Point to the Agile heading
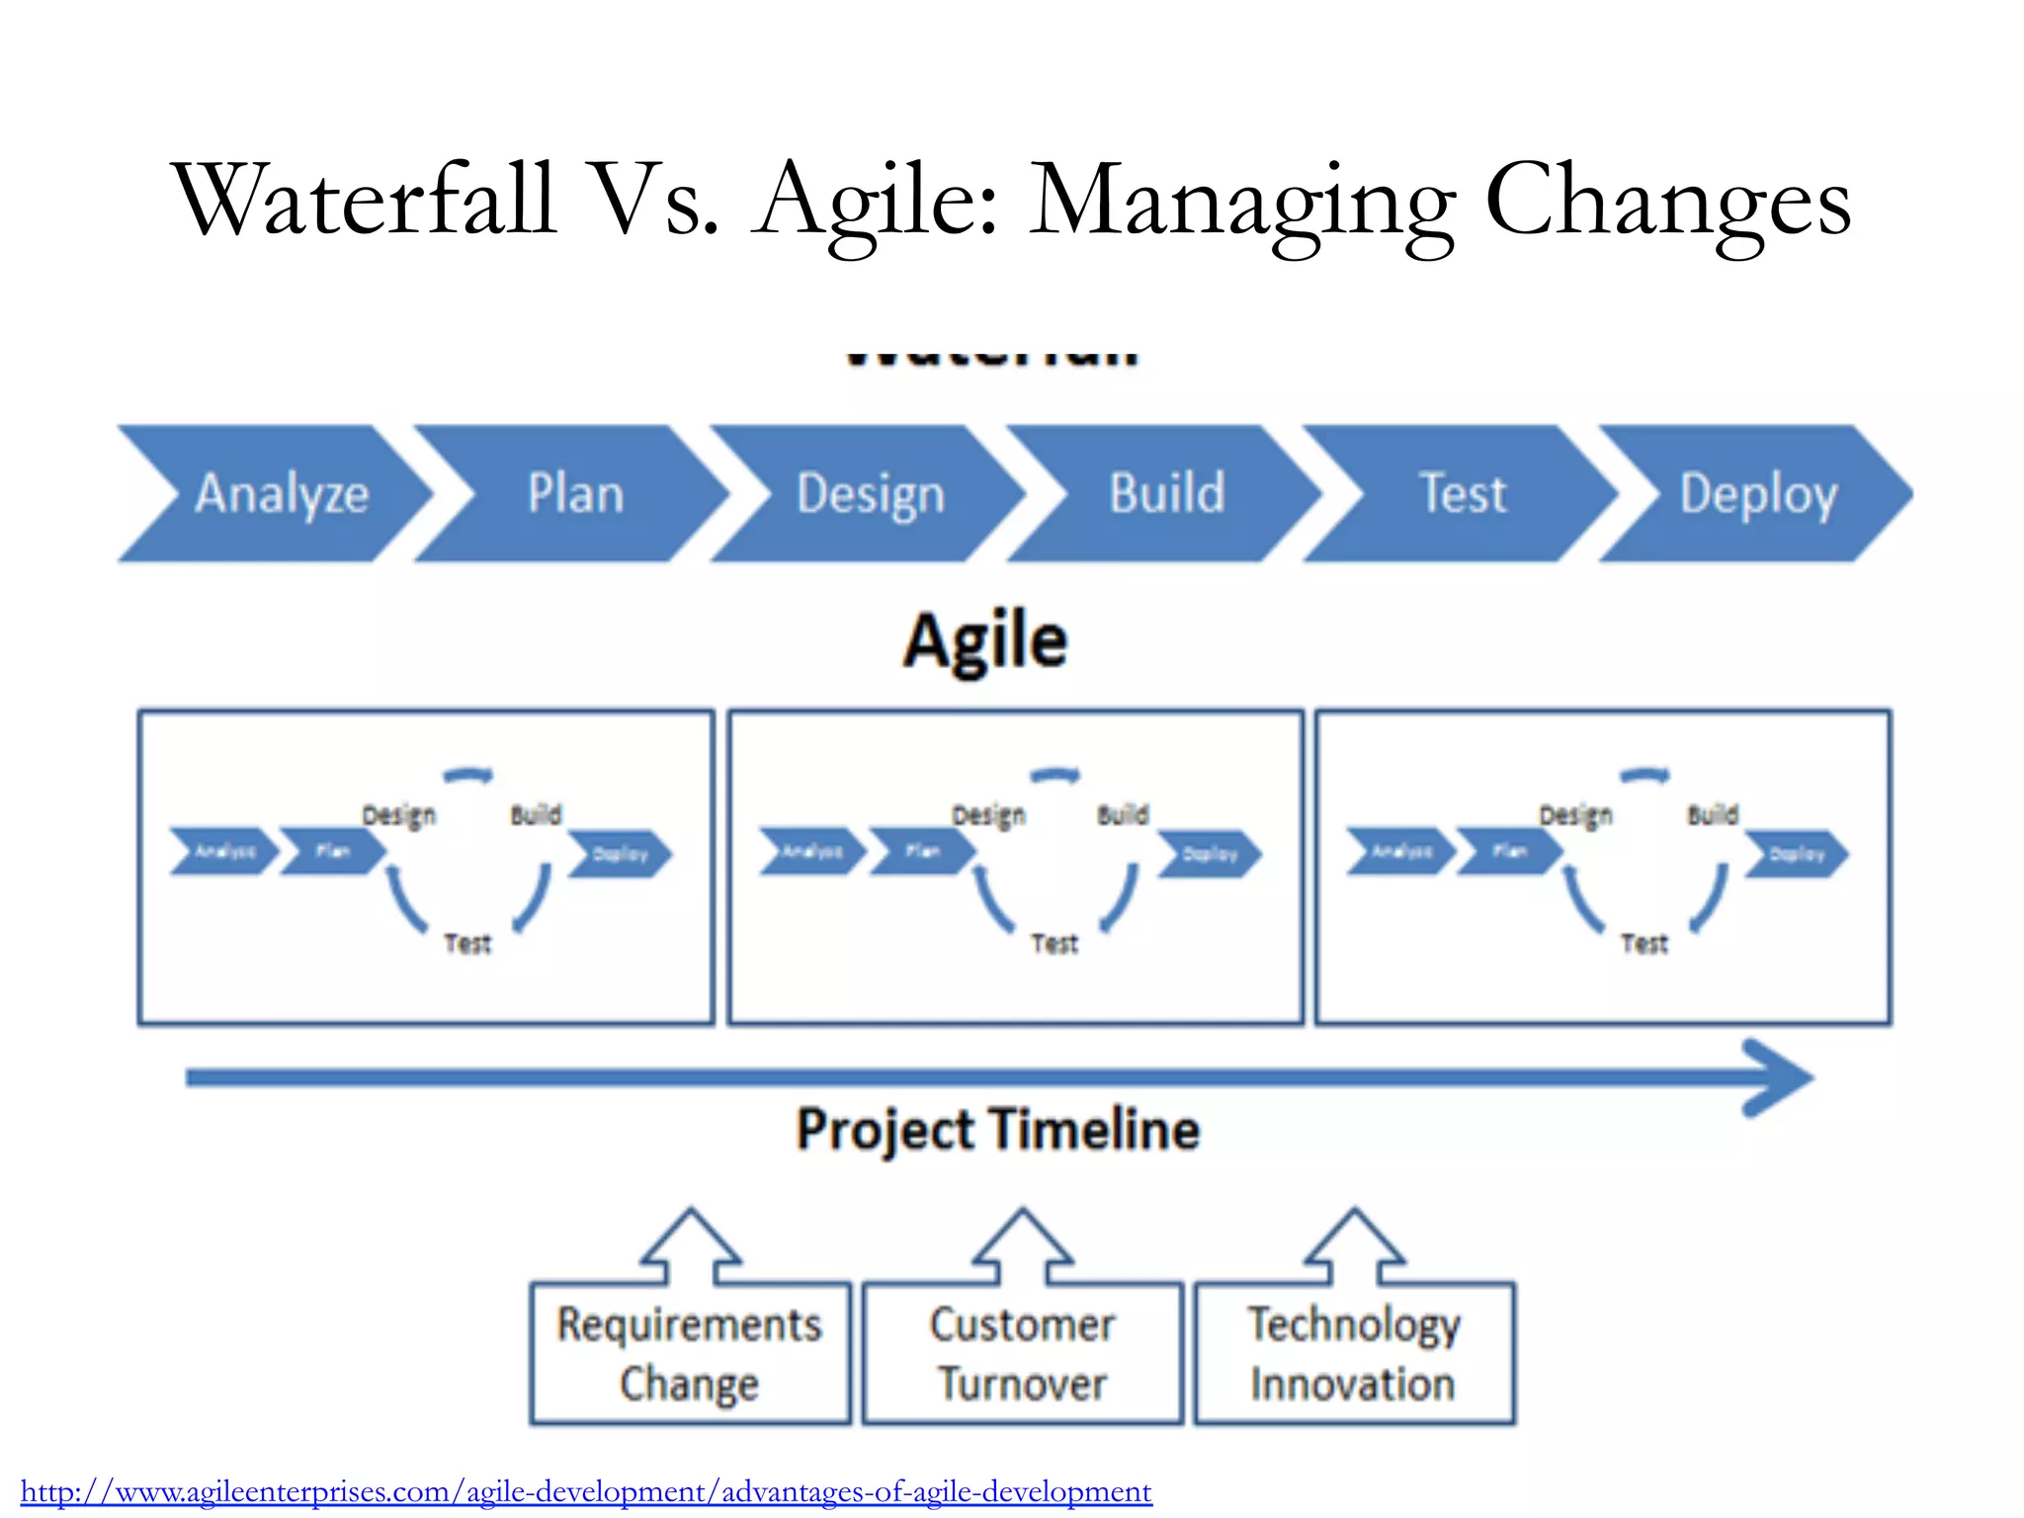(985, 641)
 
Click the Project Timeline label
(998, 1129)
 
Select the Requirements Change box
(690, 1353)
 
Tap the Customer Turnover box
(1022, 1353)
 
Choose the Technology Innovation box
(1354, 1353)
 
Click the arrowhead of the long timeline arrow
(1779, 1077)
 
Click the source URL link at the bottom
(586, 1490)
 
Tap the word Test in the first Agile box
(467, 944)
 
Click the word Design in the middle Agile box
(988, 815)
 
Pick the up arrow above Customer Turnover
(1022, 1245)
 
